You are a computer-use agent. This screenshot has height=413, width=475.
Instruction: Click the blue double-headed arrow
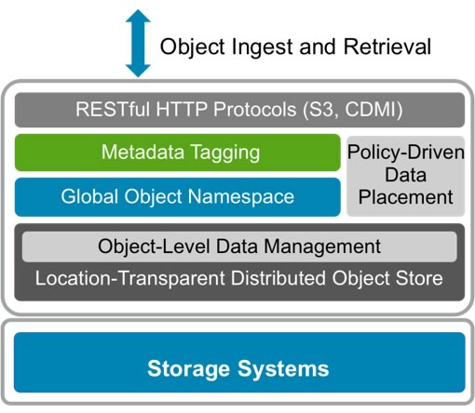tap(138, 43)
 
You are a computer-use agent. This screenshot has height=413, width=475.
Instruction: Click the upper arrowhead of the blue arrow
tap(138, 20)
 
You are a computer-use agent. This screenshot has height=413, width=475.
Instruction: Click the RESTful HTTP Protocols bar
tap(238, 110)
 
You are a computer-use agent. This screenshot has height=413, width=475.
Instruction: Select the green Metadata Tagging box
tap(177, 153)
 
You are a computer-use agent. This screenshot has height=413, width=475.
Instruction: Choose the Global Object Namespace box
tap(177, 196)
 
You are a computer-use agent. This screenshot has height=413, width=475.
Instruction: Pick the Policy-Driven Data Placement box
tap(405, 175)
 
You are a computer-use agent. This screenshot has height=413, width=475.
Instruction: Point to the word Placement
tap(405, 197)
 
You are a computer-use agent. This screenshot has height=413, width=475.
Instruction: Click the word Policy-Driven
tap(405, 153)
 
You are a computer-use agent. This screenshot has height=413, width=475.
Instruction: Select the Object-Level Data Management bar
tap(238, 246)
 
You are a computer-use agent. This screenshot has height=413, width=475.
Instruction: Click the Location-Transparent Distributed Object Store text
tap(238, 276)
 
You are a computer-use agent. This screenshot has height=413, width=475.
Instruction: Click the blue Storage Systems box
tap(238, 368)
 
